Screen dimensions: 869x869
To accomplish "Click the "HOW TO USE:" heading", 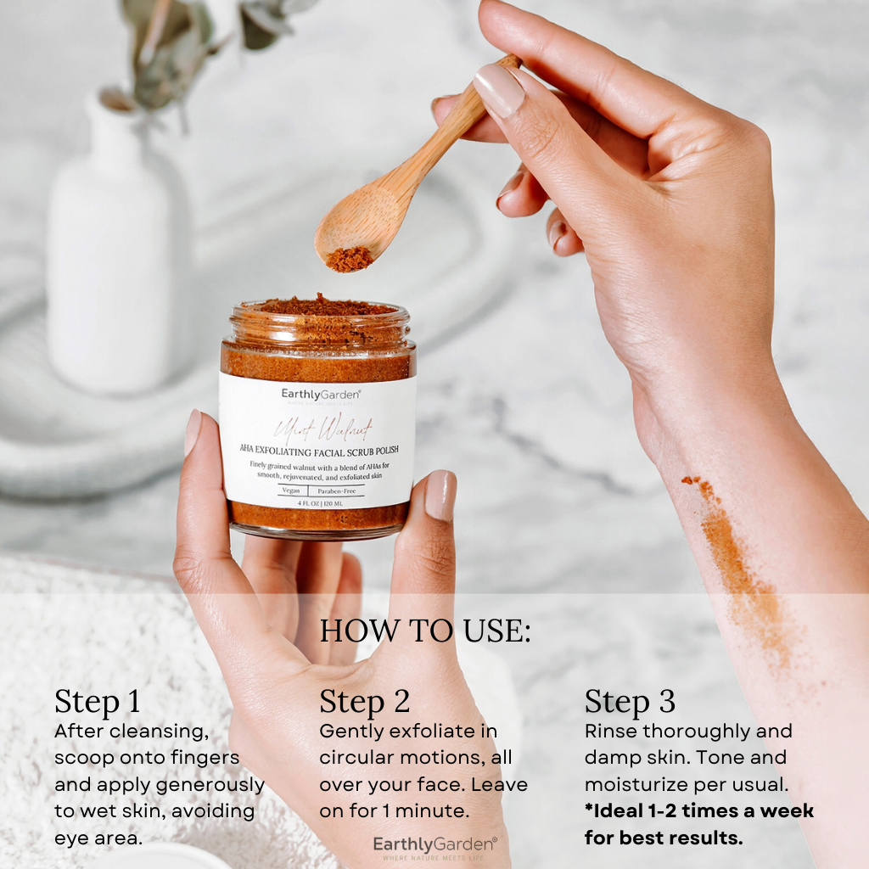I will [x=424, y=631].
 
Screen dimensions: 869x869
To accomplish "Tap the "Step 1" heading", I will [x=98, y=703].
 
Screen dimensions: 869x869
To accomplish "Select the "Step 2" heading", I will [x=364, y=702].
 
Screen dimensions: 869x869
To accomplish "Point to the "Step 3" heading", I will [x=630, y=702].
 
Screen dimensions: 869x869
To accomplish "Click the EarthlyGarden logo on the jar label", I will [x=322, y=394].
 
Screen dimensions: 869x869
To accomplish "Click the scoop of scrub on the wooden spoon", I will [x=349, y=259].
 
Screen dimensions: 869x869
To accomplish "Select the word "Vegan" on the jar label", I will [x=290, y=491].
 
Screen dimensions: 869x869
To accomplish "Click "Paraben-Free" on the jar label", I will [x=337, y=491].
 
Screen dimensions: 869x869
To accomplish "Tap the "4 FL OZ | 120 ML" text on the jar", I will [x=318, y=503].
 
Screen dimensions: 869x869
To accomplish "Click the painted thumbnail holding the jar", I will [x=440, y=495].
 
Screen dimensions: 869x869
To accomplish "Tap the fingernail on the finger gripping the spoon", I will [x=498, y=90].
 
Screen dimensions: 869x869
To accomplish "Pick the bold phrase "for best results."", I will [x=663, y=838].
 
